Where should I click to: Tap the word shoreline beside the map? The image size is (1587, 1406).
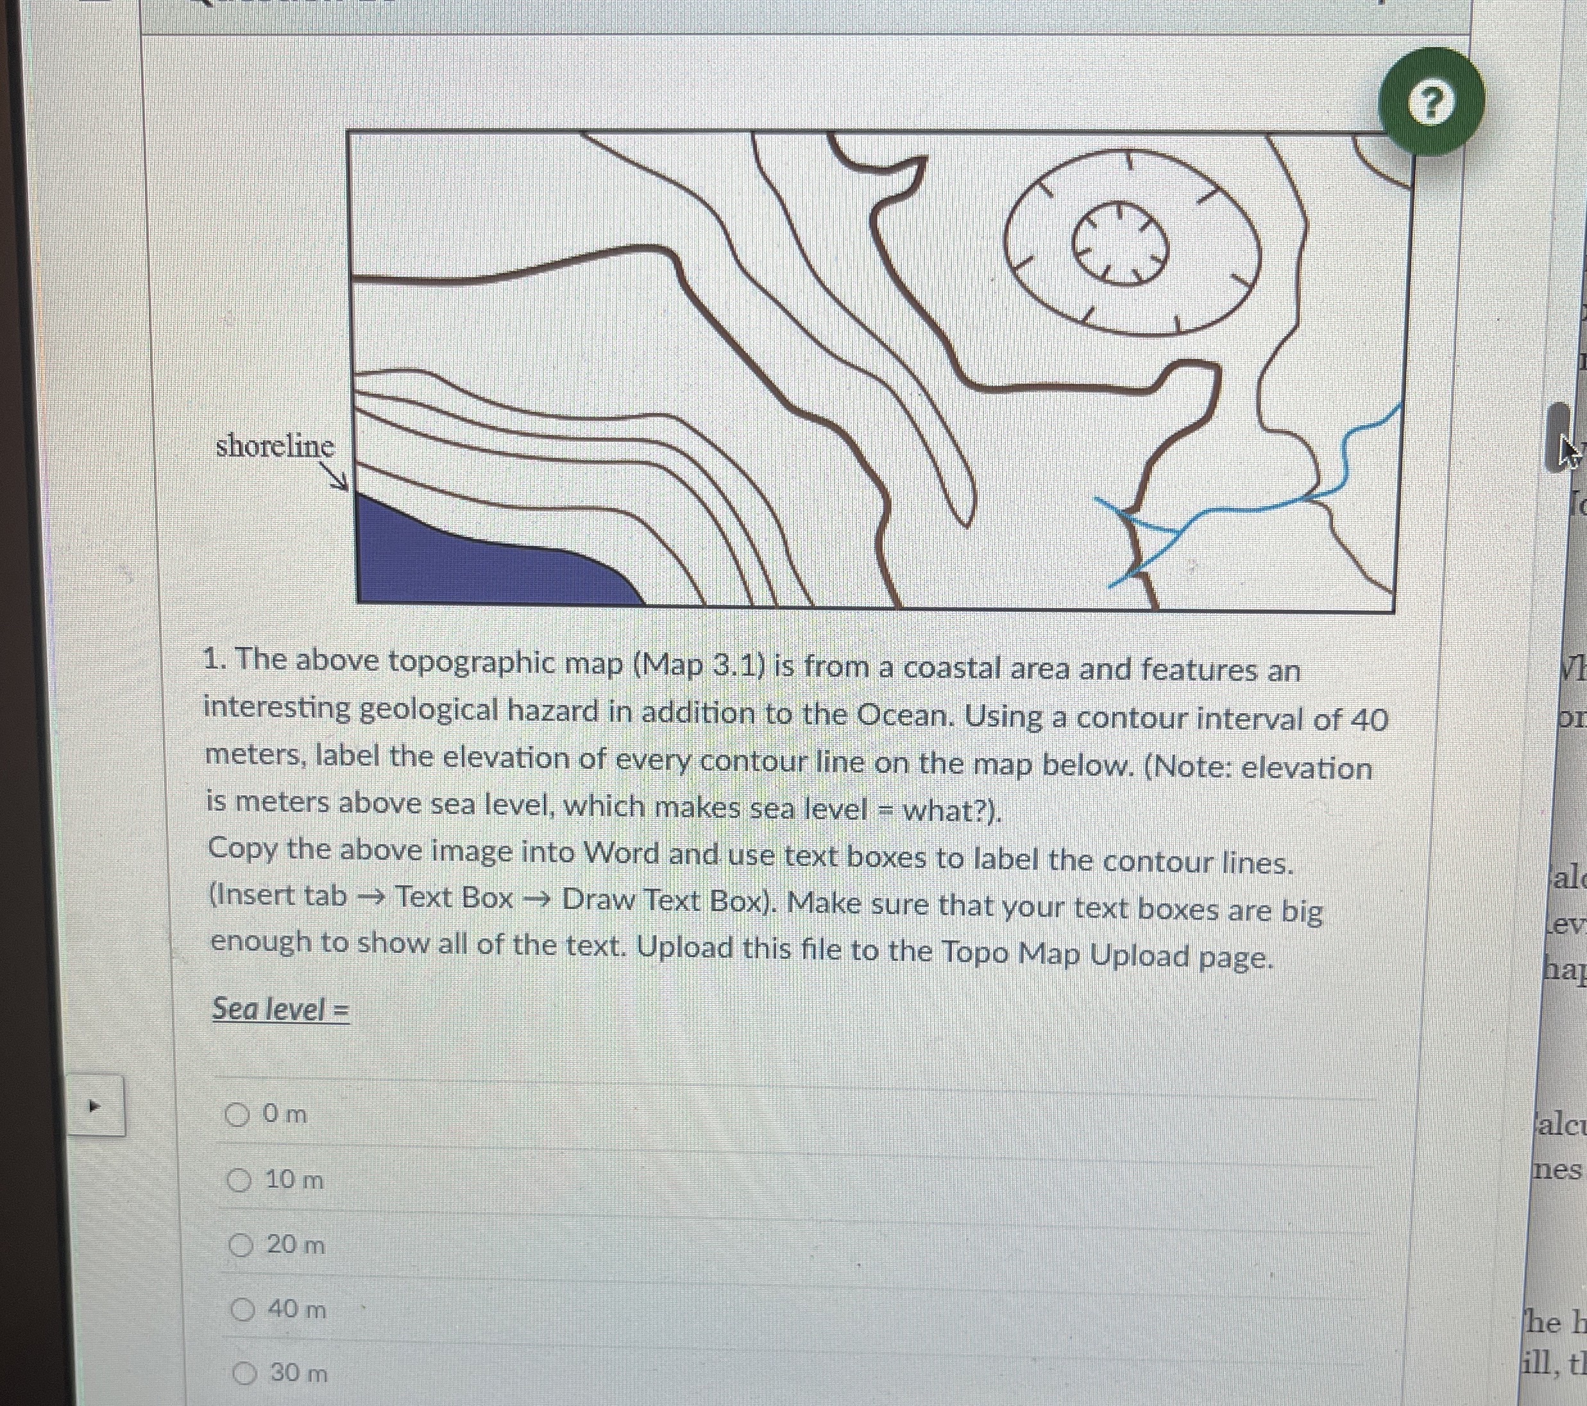[275, 446]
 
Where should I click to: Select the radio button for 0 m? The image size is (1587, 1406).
[237, 1115]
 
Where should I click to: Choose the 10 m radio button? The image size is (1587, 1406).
[239, 1181]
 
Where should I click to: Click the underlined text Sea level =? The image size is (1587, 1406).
[280, 1009]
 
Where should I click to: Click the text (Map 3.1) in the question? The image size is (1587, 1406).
[699, 664]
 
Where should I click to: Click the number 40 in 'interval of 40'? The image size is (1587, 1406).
[1369, 720]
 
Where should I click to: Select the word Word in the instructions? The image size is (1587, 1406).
[621, 854]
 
